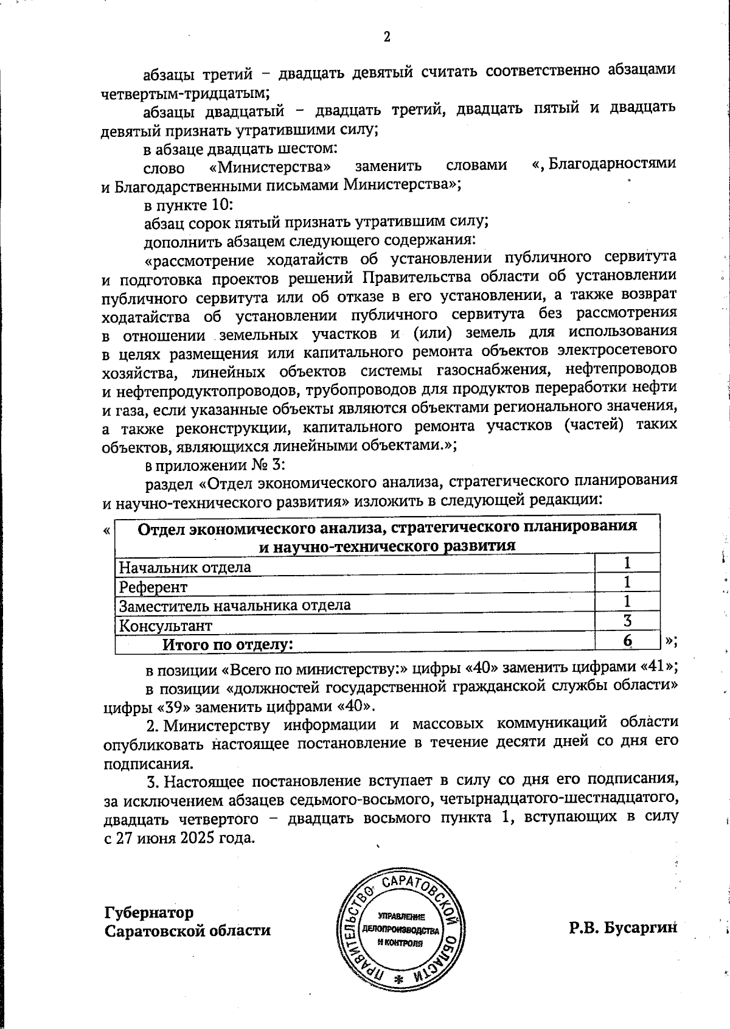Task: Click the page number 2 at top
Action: pyautogui.click(x=386, y=37)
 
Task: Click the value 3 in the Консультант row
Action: pyautogui.click(x=627, y=621)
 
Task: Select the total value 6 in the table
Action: pyautogui.click(x=627, y=640)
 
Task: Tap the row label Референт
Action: pyautogui.click(x=153, y=587)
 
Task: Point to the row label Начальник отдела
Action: pyautogui.click(x=184, y=568)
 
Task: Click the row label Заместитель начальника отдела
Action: pyautogui.click(x=234, y=606)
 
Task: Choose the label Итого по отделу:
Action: pyautogui.click(x=227, y=644)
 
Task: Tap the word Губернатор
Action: pyautogui.click(x=149, y=913)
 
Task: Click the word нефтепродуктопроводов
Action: pyautogui.click(x=205, y=388)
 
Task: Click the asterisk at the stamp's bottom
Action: pyautogui.click(x=400, y=979)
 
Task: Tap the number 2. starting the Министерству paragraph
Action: pyautogui.click(x=153, y=724)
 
